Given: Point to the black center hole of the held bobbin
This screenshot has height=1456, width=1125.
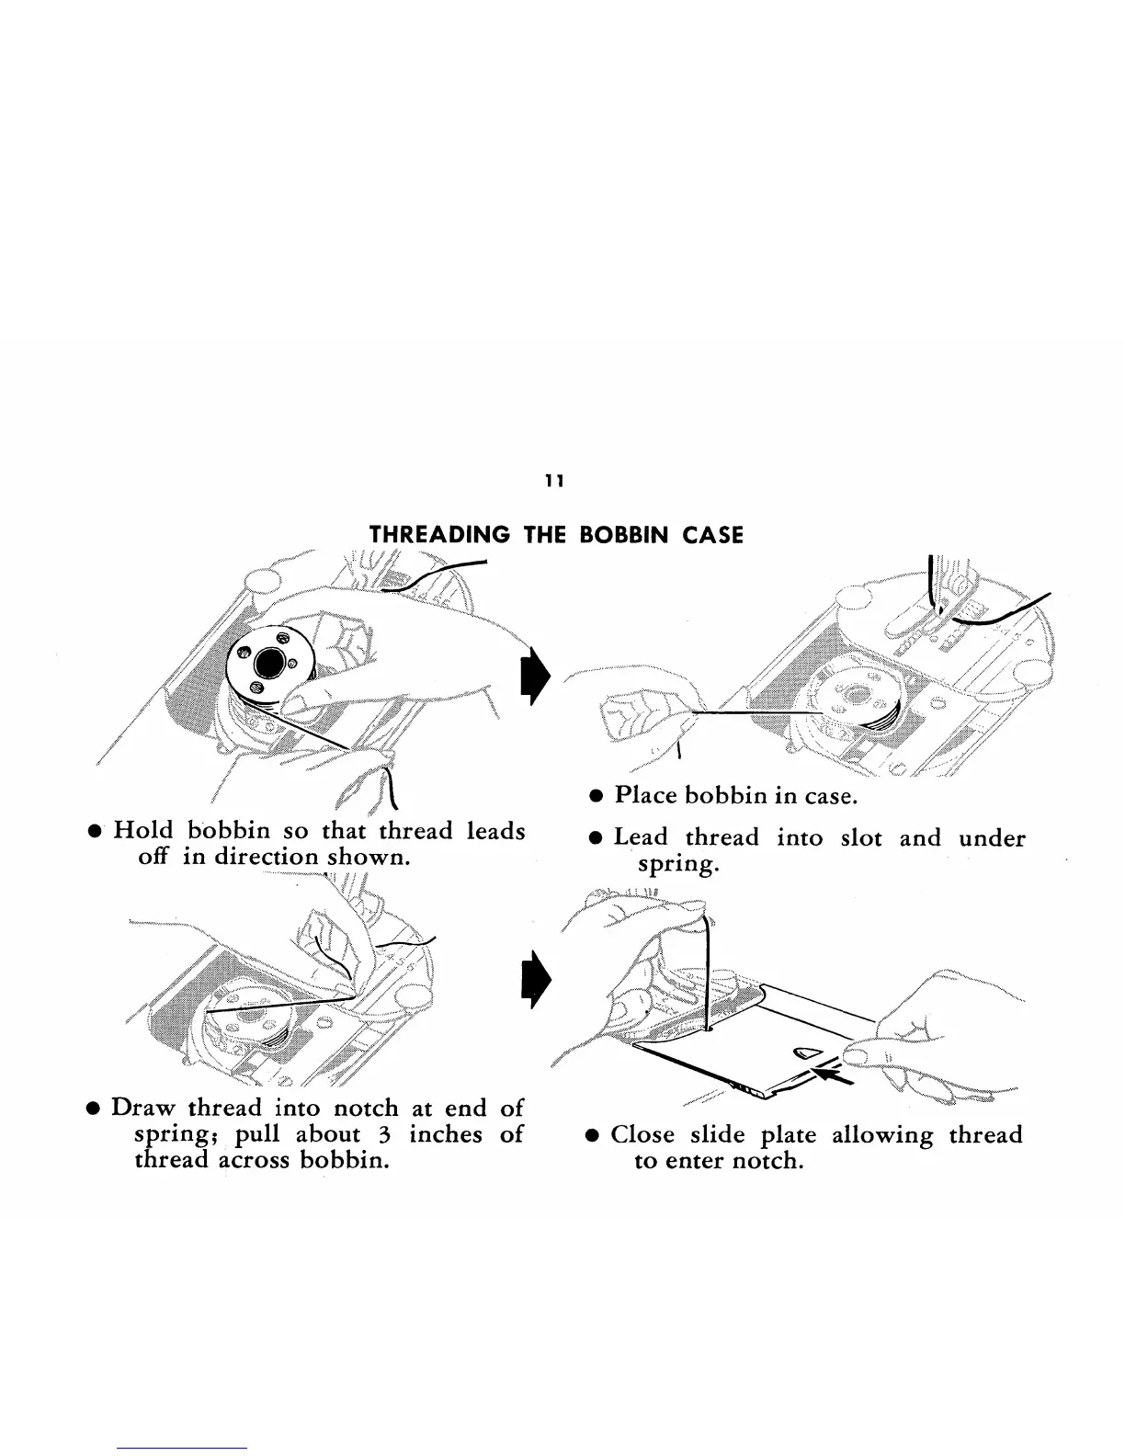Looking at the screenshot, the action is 273,660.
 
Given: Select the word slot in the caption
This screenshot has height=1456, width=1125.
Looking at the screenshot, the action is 860,837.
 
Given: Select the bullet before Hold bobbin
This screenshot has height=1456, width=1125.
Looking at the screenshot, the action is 93,832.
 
